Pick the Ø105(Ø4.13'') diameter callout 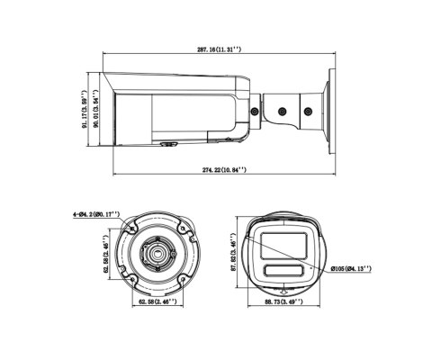pos(351,268)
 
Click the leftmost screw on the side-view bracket pos(257,112)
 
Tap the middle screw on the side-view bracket pos(282,112)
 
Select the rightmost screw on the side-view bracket pos(305,112)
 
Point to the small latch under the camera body pos(167,141)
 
